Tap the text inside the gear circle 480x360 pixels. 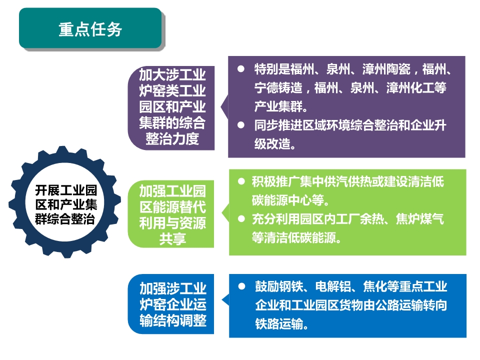coord(66,204)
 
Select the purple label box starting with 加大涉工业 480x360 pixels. coord(171,108)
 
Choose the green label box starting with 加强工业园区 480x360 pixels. coord(171,214)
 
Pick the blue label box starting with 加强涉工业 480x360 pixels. coord(171,304)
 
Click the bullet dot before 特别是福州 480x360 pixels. coord(241,69)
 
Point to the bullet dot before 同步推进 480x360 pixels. coord(241,125)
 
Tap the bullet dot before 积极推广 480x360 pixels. coord(241,181)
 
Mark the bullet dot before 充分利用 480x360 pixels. coord(241,218)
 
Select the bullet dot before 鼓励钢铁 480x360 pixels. coord(242,286)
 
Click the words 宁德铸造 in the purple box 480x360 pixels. coord(278,88)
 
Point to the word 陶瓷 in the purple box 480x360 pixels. coord(398,69)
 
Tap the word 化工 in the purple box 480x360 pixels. coord(422,88)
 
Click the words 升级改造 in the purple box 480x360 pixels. coord(350,134)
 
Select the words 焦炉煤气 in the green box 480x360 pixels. coord(419,219)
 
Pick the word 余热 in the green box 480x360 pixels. coord(371,219)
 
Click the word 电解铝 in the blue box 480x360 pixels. coord(333,286)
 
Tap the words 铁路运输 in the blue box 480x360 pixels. coord(279,323)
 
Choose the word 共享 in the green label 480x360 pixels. coord(172,239)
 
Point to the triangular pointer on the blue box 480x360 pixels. coord(226,300)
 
